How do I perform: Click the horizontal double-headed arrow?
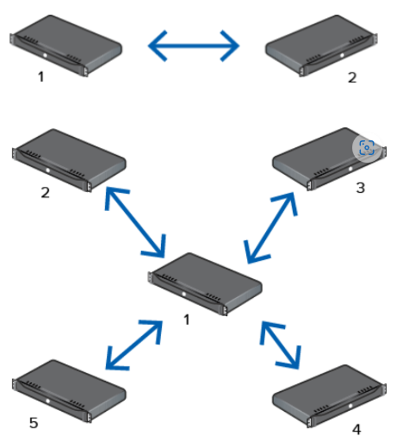pyautogui.click(x=193, y=45)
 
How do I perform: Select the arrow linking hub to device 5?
pyautogui.click(x=133, y=345)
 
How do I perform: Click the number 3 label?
pyautogui.click(x=360, y=188)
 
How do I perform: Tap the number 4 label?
pyautogui.click(x=356, y=429)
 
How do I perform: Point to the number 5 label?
pyautogui.click(x=34, y=423)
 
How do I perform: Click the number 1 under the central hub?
pyautogui.click(x=187, y=320)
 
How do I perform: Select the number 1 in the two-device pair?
pyautogui.click(x=41, y=76)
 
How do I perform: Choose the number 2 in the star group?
pyautogui.click(x=45, y=193)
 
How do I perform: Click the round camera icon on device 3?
pyautogui.click(x=367, y=147)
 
